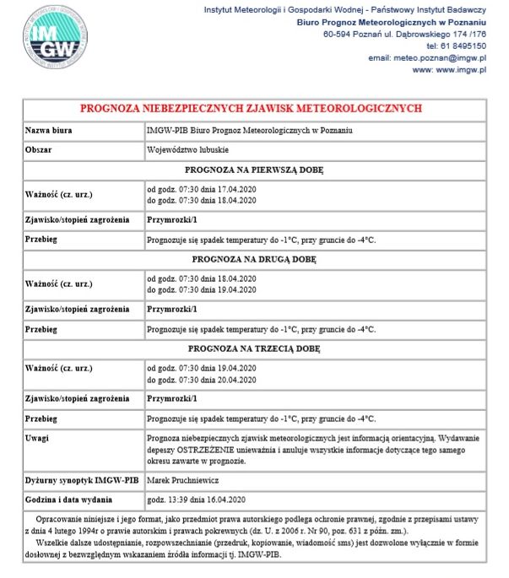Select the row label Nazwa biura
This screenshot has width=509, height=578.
coord(49,132)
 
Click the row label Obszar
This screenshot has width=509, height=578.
coord(41,150)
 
